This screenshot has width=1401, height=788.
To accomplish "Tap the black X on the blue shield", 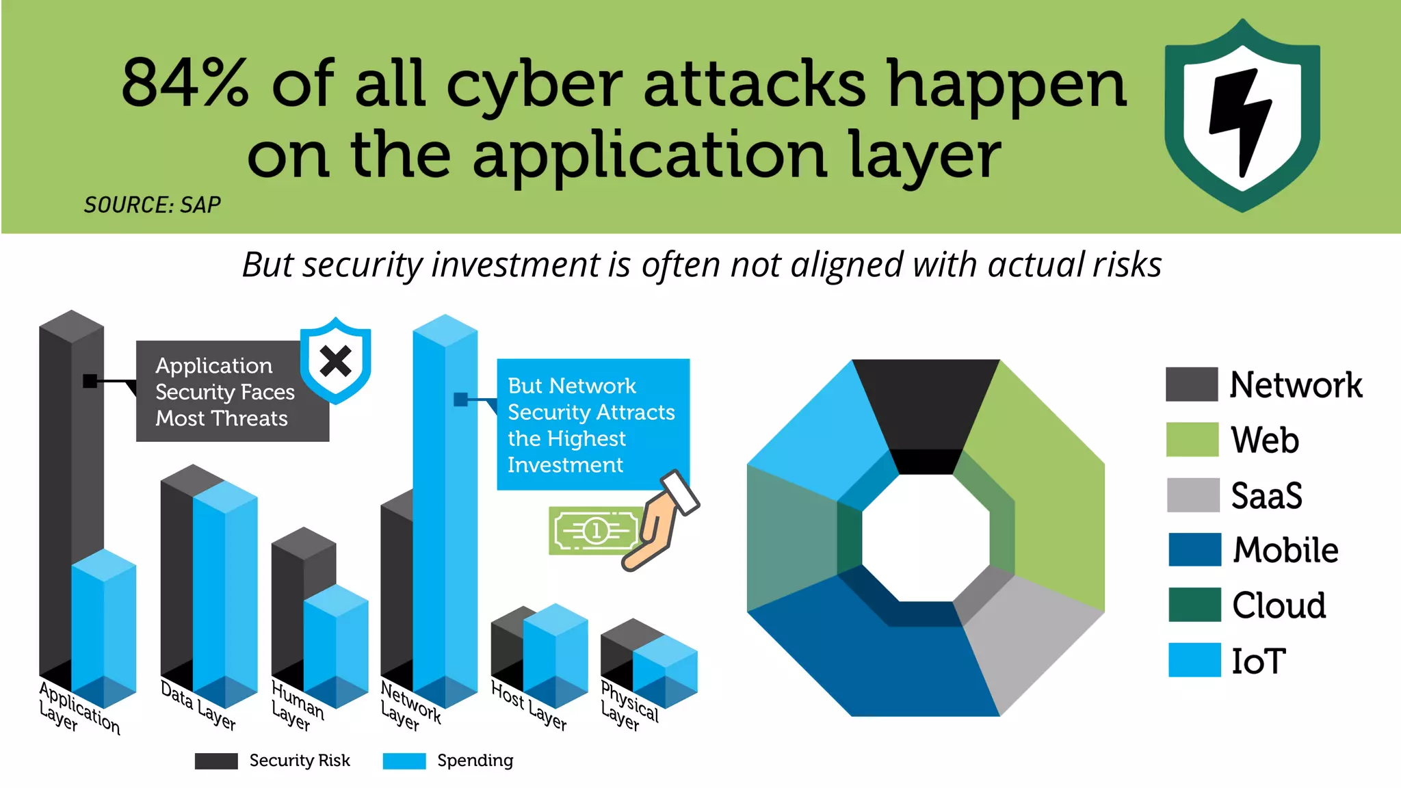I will [335, 361].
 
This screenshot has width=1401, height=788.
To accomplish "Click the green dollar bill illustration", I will [594, 530].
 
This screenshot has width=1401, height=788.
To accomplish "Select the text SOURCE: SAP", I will [152, 205].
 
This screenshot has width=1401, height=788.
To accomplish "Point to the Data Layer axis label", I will [198, 705].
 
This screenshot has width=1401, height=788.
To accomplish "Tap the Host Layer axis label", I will [529, 705].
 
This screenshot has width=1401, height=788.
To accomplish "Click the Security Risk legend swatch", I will [216, 761].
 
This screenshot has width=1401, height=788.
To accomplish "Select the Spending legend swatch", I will [404, 761].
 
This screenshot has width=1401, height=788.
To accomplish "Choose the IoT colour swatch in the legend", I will [1194, 660].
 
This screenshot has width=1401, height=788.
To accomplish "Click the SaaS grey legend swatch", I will [1193, 495].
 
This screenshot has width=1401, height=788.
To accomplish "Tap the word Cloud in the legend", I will [1279, 605].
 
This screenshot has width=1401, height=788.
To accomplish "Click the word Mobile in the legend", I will [1285, 550].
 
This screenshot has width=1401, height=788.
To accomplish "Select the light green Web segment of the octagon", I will [1047, 492].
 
